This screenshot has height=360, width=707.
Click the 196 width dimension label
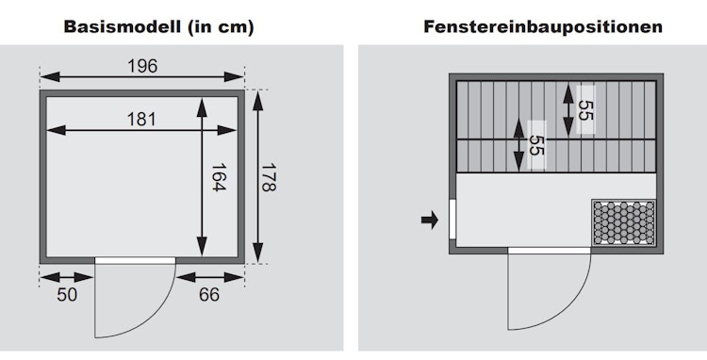(142, 66)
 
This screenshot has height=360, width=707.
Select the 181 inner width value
(141, 120)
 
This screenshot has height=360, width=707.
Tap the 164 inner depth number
(219, 177)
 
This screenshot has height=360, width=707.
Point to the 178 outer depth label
(269, 177)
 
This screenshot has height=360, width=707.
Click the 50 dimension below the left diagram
(67, 295)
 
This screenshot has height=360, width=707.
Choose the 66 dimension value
(209, 295)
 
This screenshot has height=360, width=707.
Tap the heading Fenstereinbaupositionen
(543, 26)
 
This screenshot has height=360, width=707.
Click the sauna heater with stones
(624, 222)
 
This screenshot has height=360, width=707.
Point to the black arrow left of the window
(430, 221)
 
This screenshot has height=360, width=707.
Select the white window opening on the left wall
(452, 220)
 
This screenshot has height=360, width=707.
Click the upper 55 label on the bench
(584, 110)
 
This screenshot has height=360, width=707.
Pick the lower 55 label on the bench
(535, 145)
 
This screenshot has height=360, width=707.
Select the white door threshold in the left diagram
(135, 260)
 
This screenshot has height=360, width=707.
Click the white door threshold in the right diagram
(550, 251)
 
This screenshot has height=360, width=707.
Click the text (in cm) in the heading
(218, 27)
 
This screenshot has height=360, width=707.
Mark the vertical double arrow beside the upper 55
(568, 110)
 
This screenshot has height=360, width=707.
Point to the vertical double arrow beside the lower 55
(519, 145)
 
